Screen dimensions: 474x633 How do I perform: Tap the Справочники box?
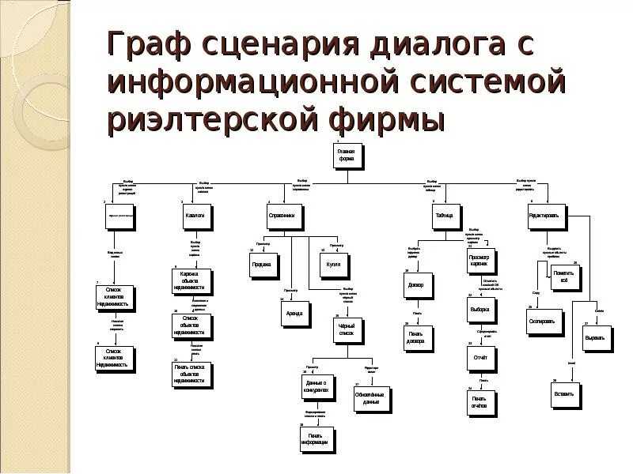[282, 216]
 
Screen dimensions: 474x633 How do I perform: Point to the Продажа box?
[262, 265]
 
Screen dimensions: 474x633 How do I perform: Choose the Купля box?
[333, 265]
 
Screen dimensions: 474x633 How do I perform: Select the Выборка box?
[480, 309]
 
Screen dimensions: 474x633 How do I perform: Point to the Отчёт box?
[480, 358]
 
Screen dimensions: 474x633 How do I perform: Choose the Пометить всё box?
[564, 277]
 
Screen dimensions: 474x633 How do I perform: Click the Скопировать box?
[544, 322]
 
